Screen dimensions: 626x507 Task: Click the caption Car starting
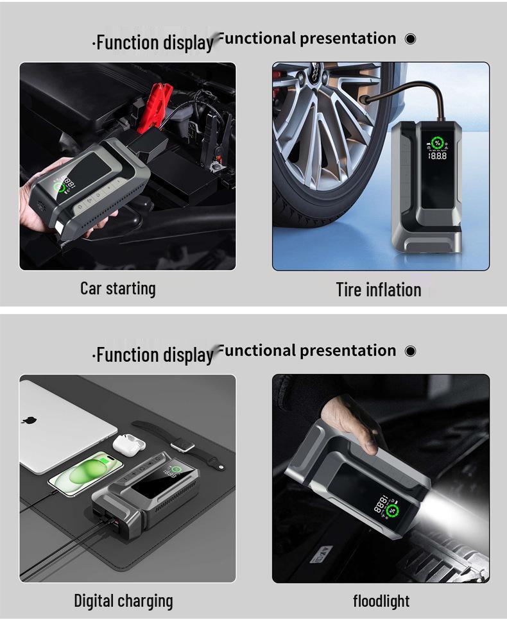click(x=117, y=289)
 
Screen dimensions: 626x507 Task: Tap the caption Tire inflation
click(x=379, y=290)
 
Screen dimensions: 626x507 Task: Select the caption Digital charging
click(x=123, y=601)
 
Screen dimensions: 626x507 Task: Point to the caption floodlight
click(x=381, y=601)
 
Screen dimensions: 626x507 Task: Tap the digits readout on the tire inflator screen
click(x=438, y=156)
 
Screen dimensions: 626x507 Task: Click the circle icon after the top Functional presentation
click(x=411, y=39)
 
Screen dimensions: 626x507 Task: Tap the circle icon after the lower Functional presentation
click(x=411, y=351)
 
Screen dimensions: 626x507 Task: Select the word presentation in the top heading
click(x=348, y=38)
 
